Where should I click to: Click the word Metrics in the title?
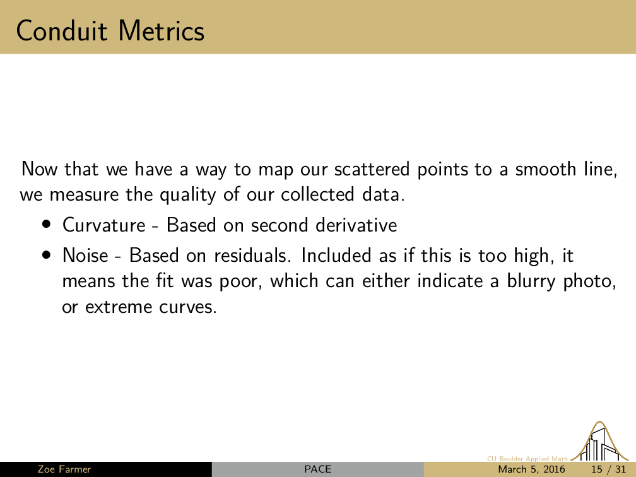point(162,31)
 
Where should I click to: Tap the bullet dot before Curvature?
point(47,225)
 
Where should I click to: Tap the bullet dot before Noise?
point(47,255)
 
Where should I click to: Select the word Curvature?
point(104,225)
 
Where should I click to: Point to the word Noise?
point(86,256)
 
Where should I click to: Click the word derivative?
point(356,225)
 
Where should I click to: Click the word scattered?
point(372,169)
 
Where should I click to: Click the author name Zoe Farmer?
point(64,469)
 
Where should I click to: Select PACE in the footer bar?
point(317,469)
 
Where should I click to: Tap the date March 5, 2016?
point(531,469)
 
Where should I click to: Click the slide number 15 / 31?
point(609,469)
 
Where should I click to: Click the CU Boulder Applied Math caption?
point(527,459)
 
